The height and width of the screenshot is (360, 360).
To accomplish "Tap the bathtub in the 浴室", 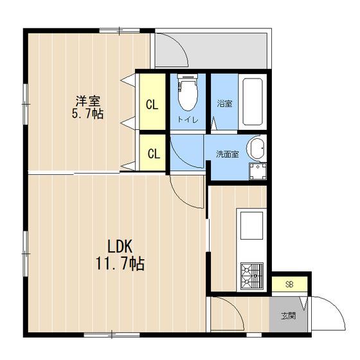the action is point(253,102).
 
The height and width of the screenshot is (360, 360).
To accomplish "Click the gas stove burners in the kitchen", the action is point(252,276).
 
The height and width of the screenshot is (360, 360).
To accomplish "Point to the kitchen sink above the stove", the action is point(251,226).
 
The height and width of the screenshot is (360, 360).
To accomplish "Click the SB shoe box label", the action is point(289,284).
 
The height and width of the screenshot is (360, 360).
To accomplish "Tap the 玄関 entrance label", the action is point(289,316).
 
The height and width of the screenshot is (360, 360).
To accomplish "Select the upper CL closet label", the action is point(152,105).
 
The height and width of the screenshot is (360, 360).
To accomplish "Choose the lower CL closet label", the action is point(154,154).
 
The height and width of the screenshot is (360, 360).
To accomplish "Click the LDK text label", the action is point(120,247).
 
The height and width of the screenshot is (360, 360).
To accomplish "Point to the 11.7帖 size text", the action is point(120,264).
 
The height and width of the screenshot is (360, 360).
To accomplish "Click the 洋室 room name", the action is point(88,101).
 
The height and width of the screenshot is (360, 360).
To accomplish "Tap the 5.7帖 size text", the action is point(87,113).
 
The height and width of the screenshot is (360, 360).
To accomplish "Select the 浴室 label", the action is point(224,104).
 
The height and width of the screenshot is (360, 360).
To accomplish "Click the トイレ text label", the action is point(188,120).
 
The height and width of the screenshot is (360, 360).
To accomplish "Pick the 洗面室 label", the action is point(228,154).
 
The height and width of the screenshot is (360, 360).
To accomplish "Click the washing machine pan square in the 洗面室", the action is point(258,171).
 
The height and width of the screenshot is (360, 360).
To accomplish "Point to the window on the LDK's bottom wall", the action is point(112,334).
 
